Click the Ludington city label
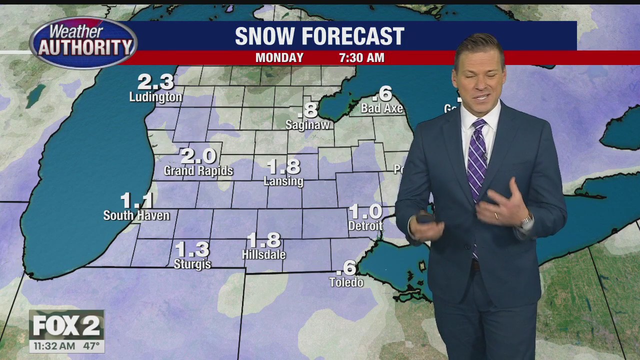[x=155, y=96]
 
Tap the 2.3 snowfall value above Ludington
[x=155, y=81]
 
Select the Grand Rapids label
[x=198, y=171]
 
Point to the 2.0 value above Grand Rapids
[x=198, y=156]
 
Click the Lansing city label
[x=283, y=181]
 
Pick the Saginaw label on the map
[x=307, y=124]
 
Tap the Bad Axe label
[x=382, y=108]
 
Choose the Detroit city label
[x=365, y=226]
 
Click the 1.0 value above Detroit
[x=365, y=211]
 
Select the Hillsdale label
[x=263, y=254]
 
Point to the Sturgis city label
[x=192, y=263]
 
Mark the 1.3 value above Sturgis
[x=192, y=249]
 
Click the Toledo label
[x=346, y=282]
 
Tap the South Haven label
[x=136, y=215]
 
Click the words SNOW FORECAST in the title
[x=319, y=36]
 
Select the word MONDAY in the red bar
[x=279, y=57]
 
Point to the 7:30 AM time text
[x=361, y=57]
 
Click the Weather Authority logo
[x=83, y=42]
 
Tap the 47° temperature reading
[x=91, y=345]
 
